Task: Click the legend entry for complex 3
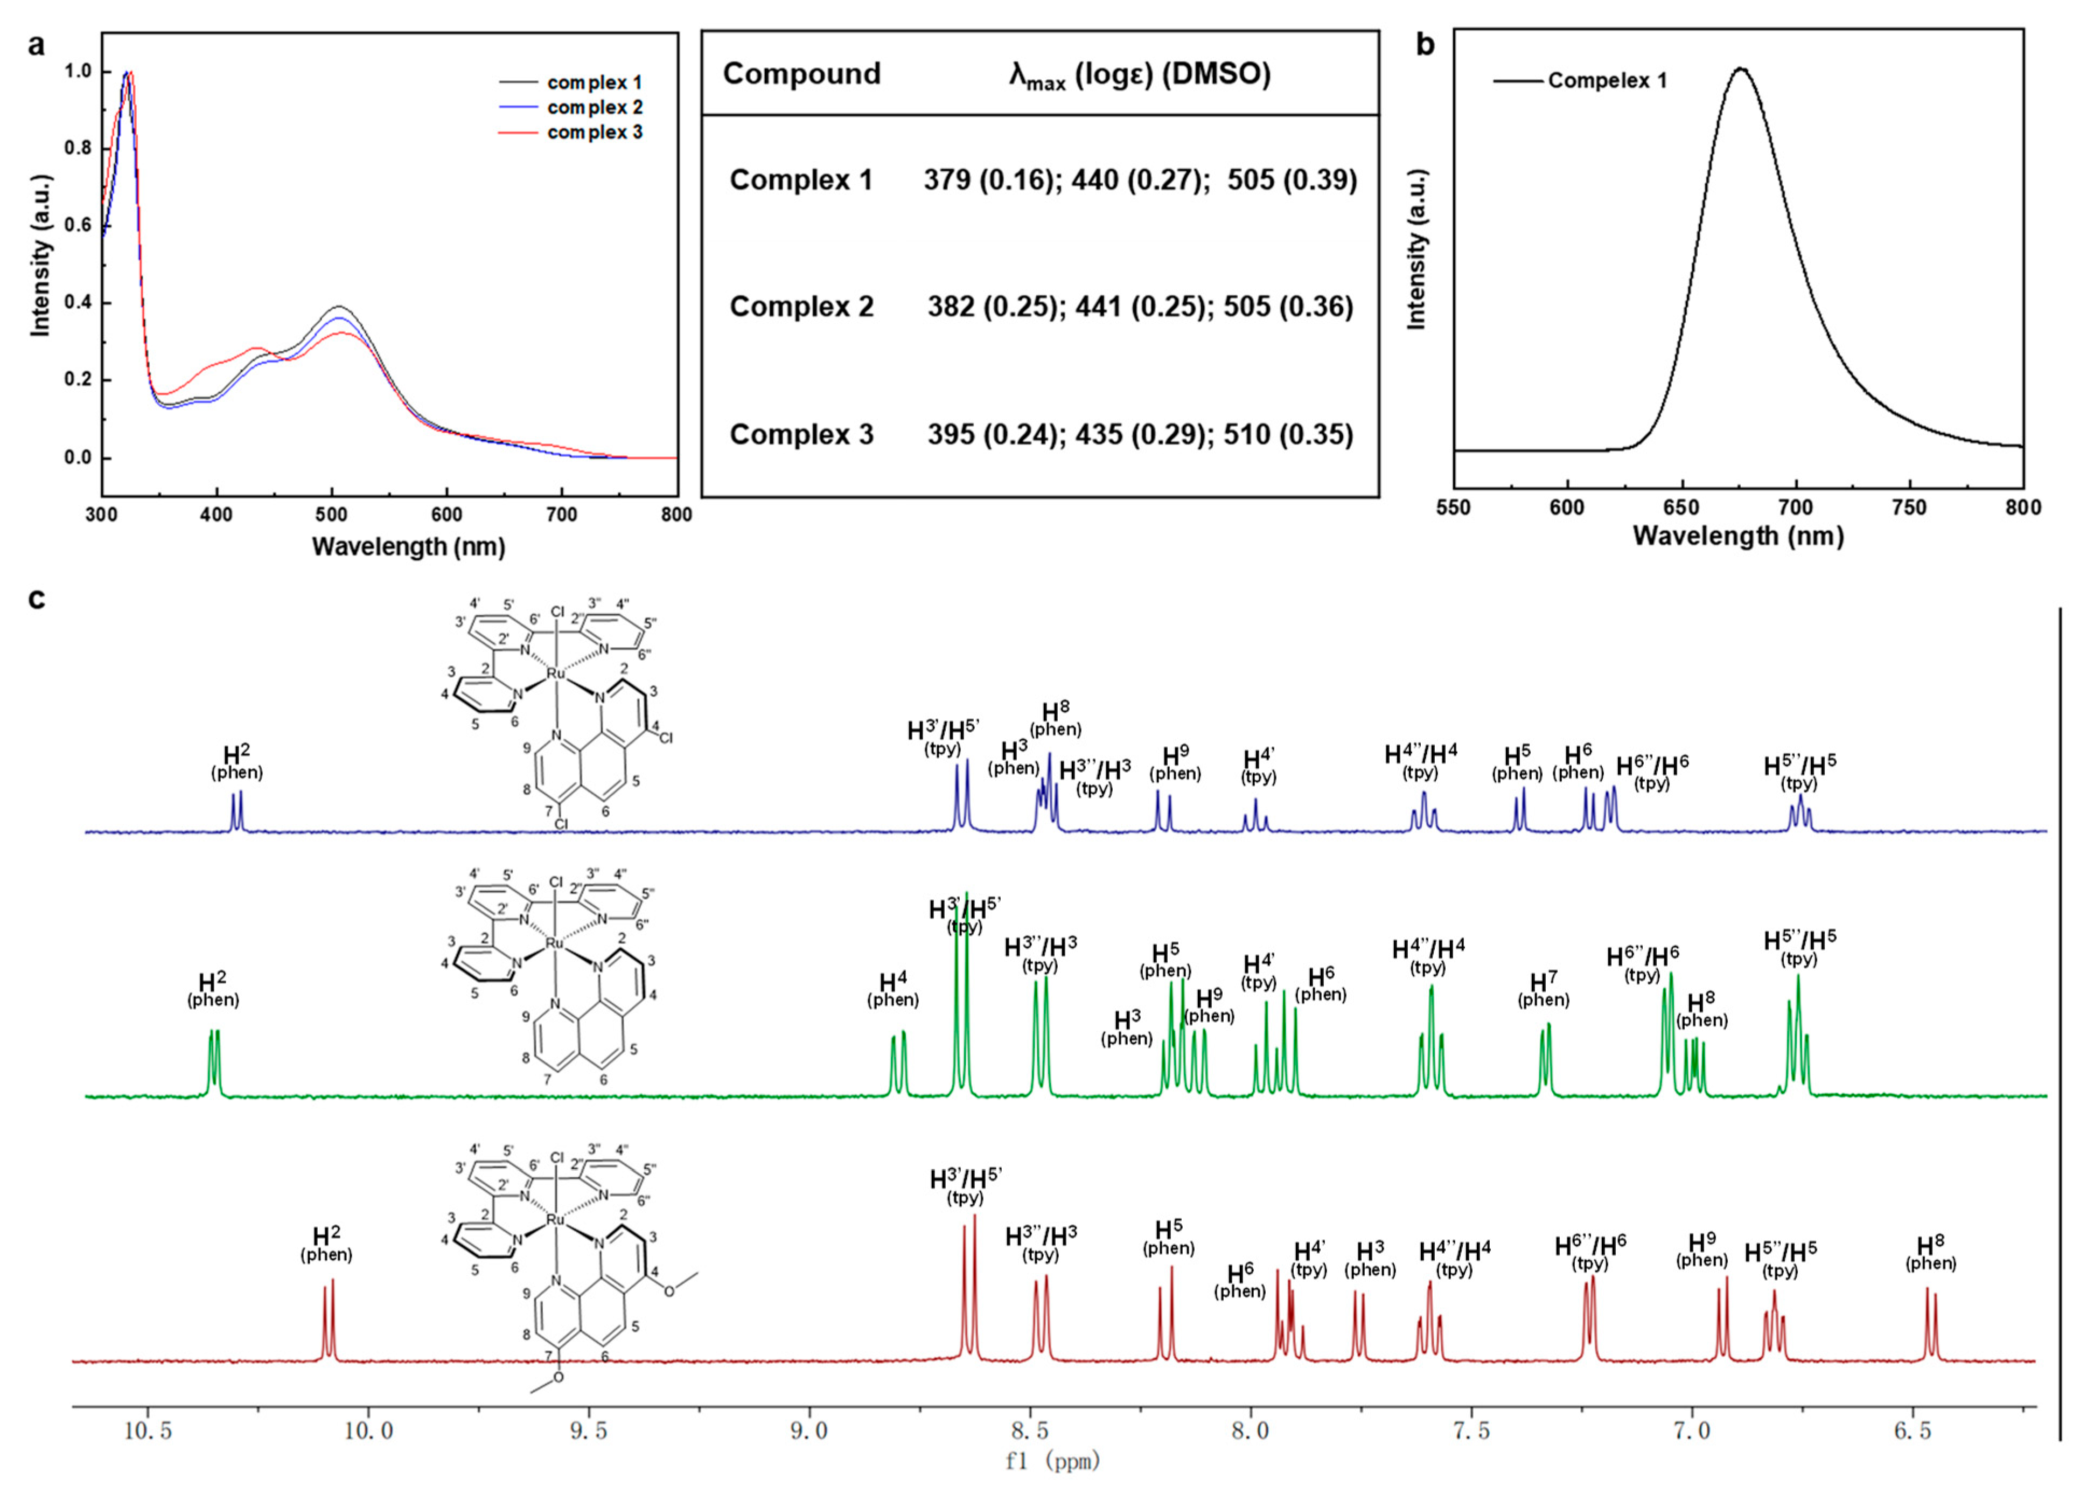tap(595, 133)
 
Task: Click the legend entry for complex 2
tap(595, 108)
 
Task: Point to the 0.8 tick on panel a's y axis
tap(80, 148)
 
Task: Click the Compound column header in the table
tap(801, 74)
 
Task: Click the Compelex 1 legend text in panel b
tap(1607, 80)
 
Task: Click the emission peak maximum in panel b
tap(1741, 68)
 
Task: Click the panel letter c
tap(37, 599)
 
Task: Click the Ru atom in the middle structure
tap(554, 943)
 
